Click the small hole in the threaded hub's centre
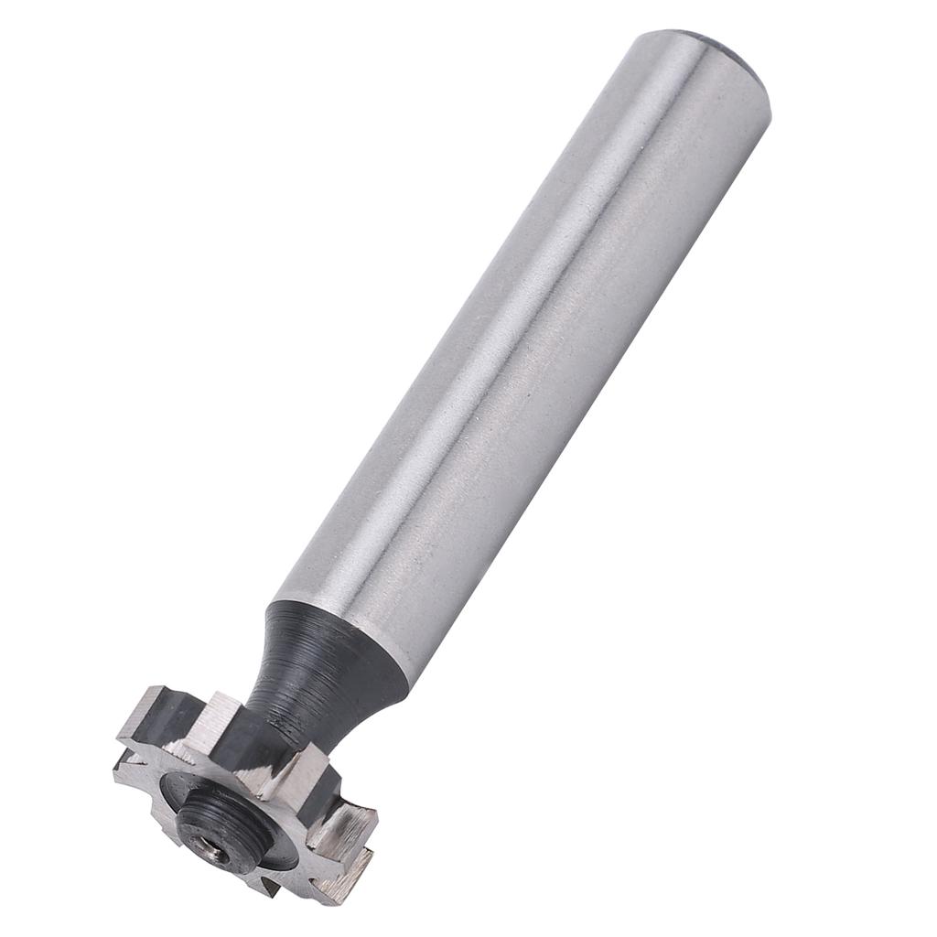point(212,851)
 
